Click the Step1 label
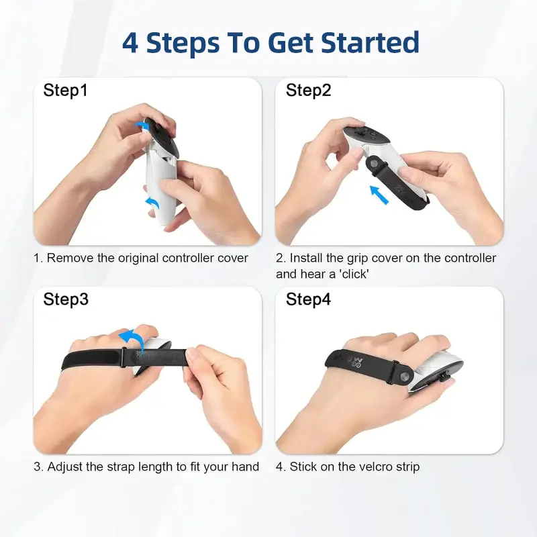[x=65, y=90]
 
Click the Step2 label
[x=308, y=90]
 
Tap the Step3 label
[x=65, y=299]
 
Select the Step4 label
[x=308, y=299]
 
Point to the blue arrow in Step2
[x=379, y=195]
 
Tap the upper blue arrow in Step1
[x=142, y=125]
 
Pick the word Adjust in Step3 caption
[x=66, y=467]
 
